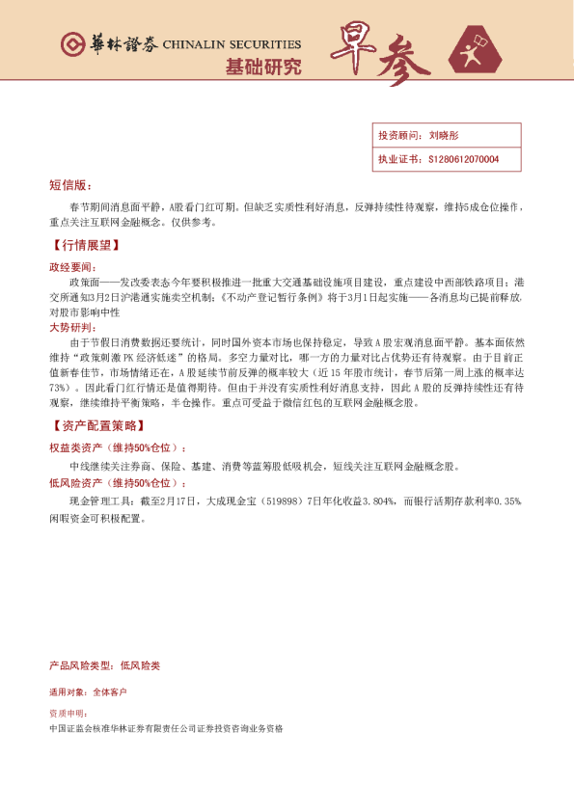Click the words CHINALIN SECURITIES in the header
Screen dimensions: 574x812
tap(232, 44)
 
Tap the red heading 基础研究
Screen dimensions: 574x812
tap(262, 68)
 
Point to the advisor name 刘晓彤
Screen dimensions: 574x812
tap(445, 136)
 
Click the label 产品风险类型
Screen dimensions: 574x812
tap(80, 665)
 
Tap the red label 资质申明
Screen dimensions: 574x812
tap(68, 714)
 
